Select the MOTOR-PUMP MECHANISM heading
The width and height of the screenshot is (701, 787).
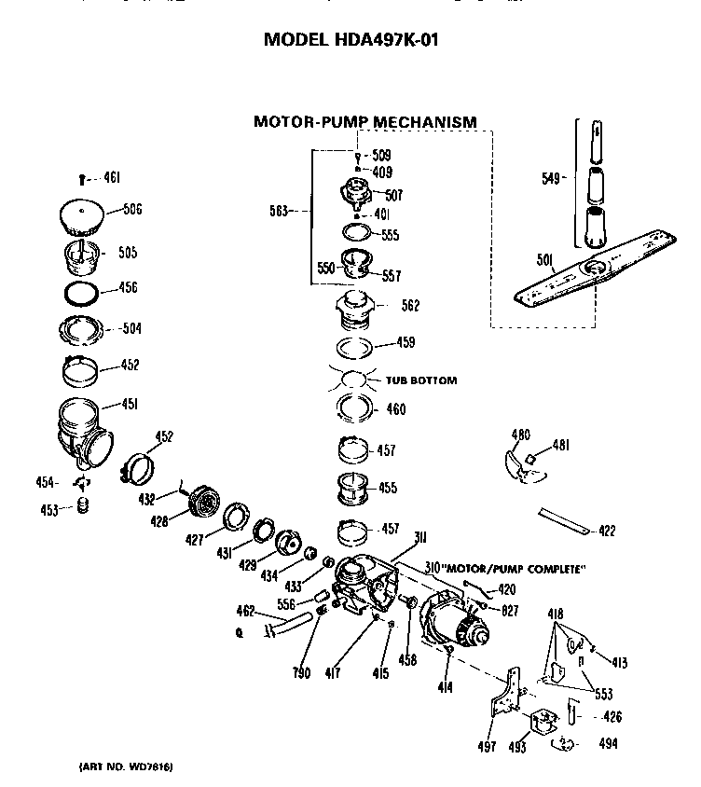pos(364,121)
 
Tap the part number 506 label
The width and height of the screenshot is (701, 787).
pos(131,210)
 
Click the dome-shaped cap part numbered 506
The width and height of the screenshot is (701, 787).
pos(84,218)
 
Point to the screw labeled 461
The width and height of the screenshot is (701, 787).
pos(83,178)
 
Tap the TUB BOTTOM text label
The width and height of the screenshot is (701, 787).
pos(421,380)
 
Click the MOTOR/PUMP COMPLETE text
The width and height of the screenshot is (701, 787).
pos(509,569)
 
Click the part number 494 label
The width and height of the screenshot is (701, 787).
pos(608,743)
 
